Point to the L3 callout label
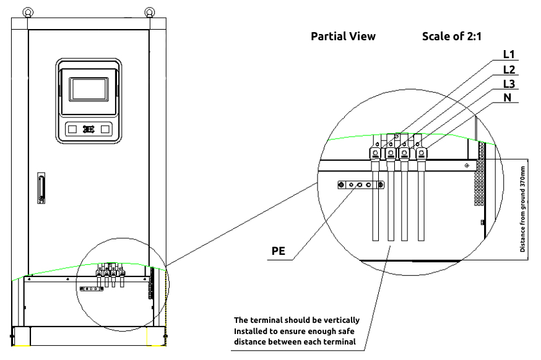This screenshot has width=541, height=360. tap(509, 84)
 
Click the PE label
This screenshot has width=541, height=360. tap(279, 252)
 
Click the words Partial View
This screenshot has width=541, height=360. tap(343, 36)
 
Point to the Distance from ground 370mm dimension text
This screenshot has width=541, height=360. tap(522, 209)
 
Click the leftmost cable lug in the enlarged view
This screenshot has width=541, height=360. tap(375, 153)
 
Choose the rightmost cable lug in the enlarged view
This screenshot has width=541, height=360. tap(422, 153)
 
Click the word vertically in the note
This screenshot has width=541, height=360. tap(339, 320)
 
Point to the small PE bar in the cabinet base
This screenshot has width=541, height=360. tap(90, 288)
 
